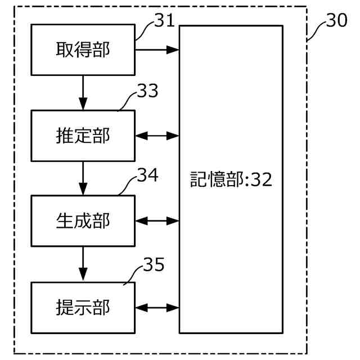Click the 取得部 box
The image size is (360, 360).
83,50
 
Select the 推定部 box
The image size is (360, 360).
83,136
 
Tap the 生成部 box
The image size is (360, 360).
83,220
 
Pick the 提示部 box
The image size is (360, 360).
83,307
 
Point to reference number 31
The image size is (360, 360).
164,22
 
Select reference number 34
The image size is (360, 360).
147,176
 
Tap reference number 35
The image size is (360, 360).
153,264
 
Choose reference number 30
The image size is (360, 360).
336,21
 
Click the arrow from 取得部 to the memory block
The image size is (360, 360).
157,50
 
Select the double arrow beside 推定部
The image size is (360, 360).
157,136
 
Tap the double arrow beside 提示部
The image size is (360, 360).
157,307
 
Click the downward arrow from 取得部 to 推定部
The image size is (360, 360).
83,92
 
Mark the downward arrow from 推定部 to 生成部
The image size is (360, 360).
83,178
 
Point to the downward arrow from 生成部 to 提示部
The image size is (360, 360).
83,264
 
